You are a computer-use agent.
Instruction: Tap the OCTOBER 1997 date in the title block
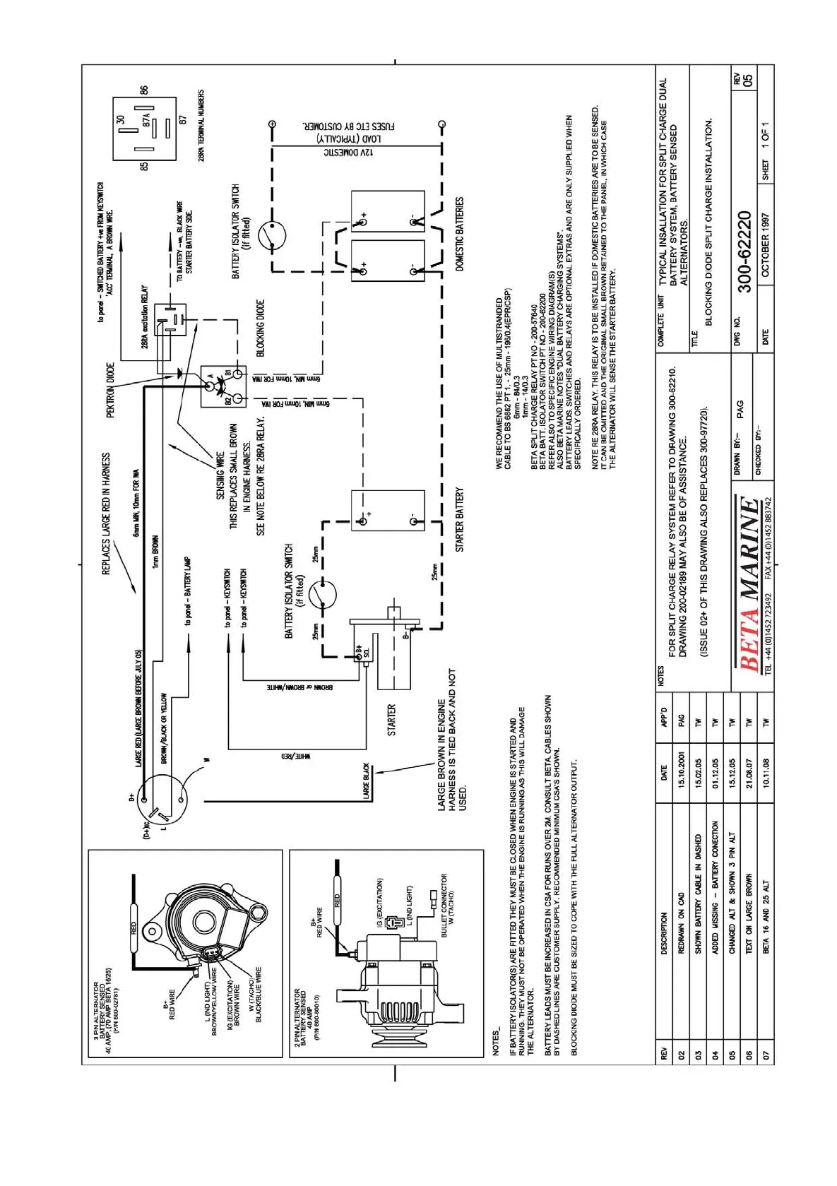pos(766,245)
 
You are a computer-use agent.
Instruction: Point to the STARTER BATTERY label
pos(460,519)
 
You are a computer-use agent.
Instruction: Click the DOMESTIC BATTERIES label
pos(460,234)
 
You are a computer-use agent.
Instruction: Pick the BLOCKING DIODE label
pos(260,328)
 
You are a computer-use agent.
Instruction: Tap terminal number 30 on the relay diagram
pos(121,120)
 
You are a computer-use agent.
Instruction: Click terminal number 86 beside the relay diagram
pos(144,90)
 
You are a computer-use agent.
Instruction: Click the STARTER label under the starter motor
pos(391,720)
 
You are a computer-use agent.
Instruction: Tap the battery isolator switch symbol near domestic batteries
pos(272,235)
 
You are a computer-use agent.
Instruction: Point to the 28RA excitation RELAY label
pos(145,317)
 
